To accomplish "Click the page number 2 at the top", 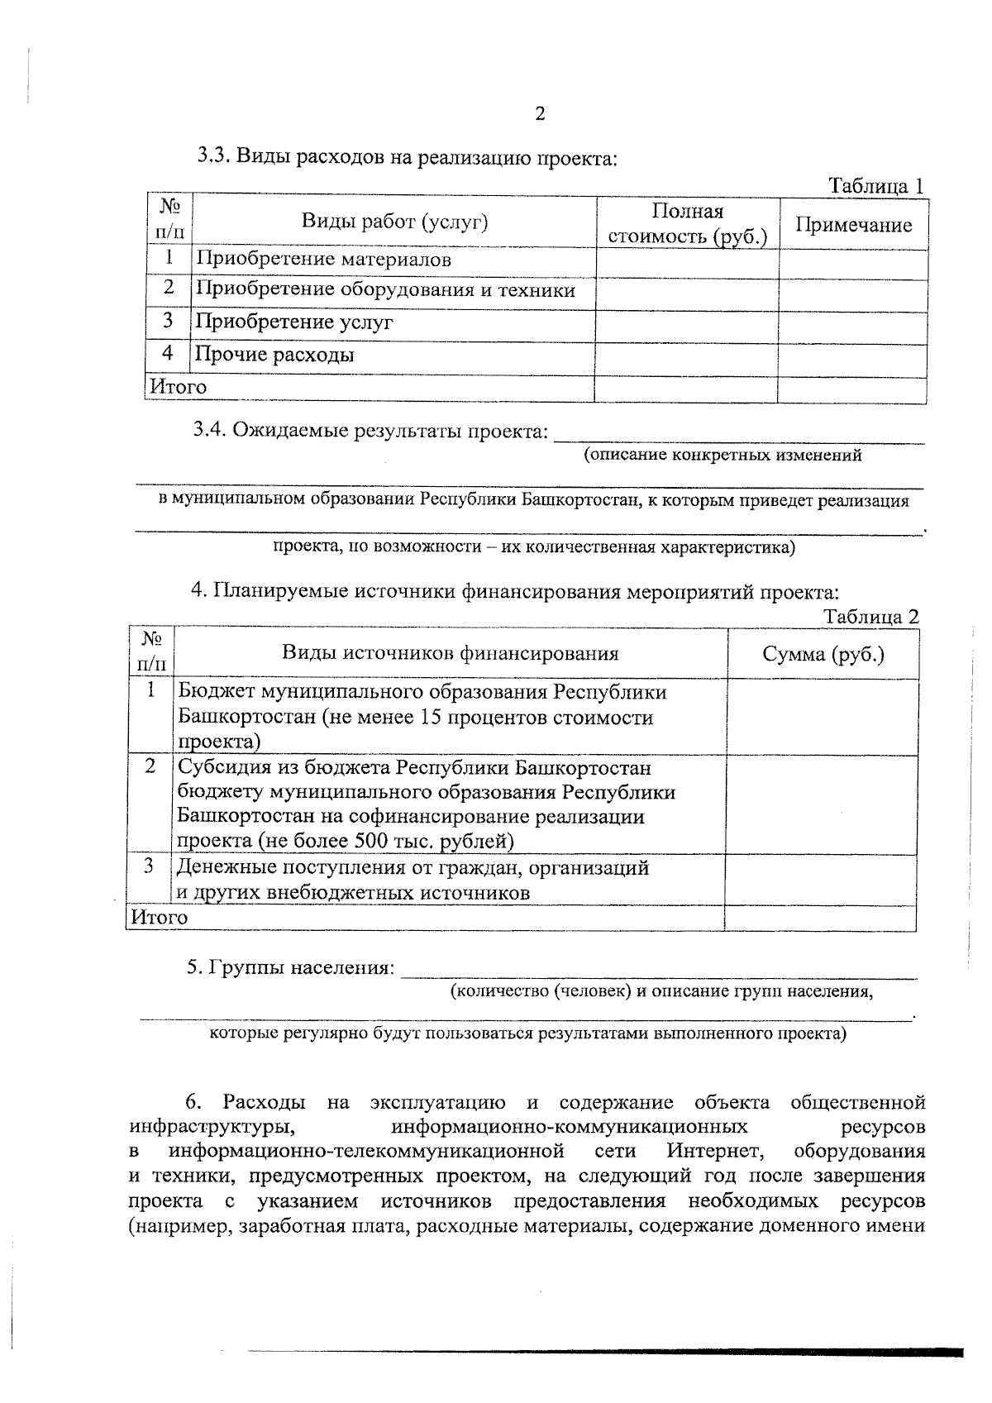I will pyautogui.click(x=540, y=114).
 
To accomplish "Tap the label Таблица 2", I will pyautogui.click(x=871, y=617).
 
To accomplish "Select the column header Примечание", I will pyautogui.click(x=853, y=226).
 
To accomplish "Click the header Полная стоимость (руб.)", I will pyautogui.click(x=688, y=224).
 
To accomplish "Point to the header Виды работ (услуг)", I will pyautogui.click(x=394, y=222).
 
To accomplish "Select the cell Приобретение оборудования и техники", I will pyautogui.click(x=385, y=290).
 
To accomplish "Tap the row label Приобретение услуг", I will pyautogui.click(x=294, y=322).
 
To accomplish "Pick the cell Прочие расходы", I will pyautogui.click(x=275, y=356).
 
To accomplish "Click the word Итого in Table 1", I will pyautogui.click(x=177, y=387).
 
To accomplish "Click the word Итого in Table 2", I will pyautogui.click(x=158, y=918).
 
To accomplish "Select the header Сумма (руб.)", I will pyautogui.click(x=823, y=655).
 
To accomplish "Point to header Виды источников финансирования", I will pyautogui.click(x=451, y=654).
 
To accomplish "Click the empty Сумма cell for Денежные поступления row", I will pyautogui.click(x=821, y=880).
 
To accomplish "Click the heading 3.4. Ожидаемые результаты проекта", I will pyautogui.click(x=370, y=431).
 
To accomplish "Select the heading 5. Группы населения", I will pyautogui.click(x=290, y=967).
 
